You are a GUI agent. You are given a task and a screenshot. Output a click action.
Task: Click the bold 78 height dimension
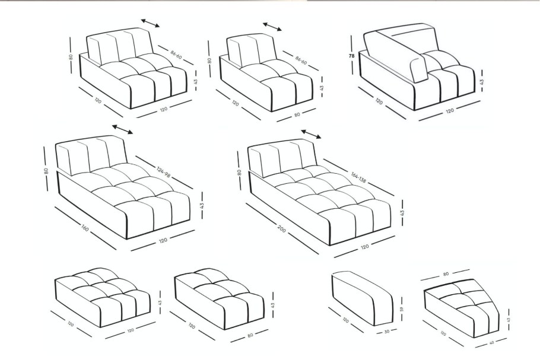[x=351, y=55]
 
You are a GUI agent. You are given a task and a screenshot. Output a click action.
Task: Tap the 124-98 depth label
[x=164, y=172]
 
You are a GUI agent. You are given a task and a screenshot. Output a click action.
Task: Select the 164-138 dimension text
[x=358, y=177]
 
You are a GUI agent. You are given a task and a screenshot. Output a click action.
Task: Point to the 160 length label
[x=85, y=228]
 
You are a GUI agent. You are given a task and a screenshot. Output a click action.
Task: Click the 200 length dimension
[x=281, y=228]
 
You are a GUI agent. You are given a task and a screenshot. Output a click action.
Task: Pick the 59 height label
[x=401, y=309]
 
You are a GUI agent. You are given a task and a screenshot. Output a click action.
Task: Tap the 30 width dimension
[x=386, y=331]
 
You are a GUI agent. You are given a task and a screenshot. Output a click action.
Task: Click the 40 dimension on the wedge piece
[x=491, y=343]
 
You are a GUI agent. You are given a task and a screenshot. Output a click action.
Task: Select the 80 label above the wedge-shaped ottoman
[x=446, y=274]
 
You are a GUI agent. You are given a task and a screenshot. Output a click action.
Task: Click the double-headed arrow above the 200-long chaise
[x=311, y=134]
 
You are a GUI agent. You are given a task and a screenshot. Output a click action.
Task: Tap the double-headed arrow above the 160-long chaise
[x=122, y=129]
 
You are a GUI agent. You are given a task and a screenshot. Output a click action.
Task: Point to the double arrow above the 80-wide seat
[x=272, y=27]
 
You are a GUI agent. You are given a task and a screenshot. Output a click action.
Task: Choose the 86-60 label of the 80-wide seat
[x=301, y=60]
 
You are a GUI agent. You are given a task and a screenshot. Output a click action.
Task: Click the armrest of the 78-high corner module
[x=395, y=57]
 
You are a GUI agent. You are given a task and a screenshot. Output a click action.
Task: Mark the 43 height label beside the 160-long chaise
[x=202, y=205]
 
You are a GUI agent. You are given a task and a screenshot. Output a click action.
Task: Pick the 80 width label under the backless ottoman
[x=250, y=335]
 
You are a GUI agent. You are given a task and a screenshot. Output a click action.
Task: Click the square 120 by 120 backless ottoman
[x=102, y=297]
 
